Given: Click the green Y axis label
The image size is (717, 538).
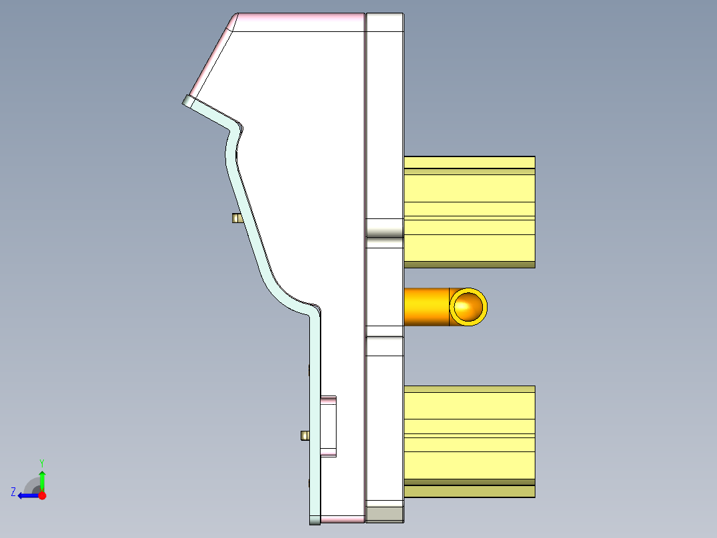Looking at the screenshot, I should tap(41, 462).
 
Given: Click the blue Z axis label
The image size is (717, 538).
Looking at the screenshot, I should tap(13, 491).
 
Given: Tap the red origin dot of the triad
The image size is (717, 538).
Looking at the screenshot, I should tap(42, 495).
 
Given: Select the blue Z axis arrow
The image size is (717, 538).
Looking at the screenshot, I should tap(27, 495).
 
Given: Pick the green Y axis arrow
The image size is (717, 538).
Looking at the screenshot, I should tap(42, 479).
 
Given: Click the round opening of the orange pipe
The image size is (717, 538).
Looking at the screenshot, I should tap(468, 307).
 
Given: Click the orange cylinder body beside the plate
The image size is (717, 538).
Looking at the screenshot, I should tap(426, 307).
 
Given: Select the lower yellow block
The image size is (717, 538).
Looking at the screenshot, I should tap(469, 433).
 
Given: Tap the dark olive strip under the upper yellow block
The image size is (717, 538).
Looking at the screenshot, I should tap(469, 264).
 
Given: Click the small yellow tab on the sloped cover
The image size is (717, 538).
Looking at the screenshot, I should tap(235, 218).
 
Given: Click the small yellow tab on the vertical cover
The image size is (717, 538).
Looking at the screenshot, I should tap(305, 435).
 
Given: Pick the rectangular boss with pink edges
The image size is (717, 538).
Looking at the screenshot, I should tap(329, 427).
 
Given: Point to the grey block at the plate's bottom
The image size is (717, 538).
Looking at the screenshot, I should tap(385, 513).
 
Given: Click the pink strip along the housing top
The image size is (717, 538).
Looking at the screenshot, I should tap(299, 22).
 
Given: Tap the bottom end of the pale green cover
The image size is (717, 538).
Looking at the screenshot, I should tap(315, 518).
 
